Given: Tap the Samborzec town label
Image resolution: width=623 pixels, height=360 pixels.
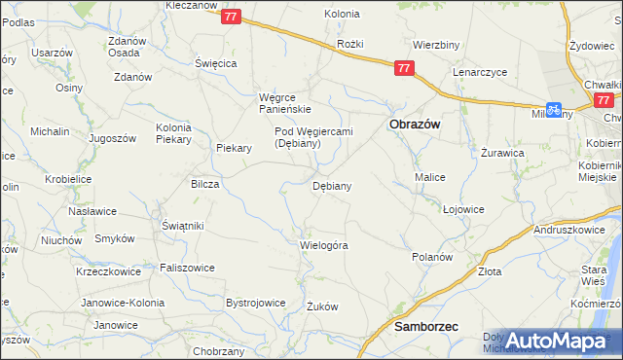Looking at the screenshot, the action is coord(425,328).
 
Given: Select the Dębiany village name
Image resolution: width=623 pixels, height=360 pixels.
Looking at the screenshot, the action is coord(331,185).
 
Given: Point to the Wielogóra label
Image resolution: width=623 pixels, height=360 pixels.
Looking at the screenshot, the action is coord(324,245).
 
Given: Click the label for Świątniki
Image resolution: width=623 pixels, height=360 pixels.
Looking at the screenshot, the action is coord(182,226).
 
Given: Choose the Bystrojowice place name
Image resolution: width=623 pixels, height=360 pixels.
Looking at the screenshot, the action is coord(256,303).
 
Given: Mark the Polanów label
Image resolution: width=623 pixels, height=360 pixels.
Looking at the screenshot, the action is coord(432,257).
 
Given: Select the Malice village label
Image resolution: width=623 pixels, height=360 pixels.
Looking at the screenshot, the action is coord(430,177).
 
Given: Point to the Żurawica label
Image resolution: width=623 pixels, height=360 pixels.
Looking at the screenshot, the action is coord(503,153).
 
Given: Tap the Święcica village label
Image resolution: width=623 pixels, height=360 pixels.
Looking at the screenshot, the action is coord(216,62).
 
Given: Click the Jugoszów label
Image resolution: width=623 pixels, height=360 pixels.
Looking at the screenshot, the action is coord(112,139).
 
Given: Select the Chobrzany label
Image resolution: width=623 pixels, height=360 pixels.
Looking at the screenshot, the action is coord(218,350).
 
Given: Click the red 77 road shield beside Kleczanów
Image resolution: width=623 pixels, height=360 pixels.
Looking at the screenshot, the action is coord(230,17).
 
